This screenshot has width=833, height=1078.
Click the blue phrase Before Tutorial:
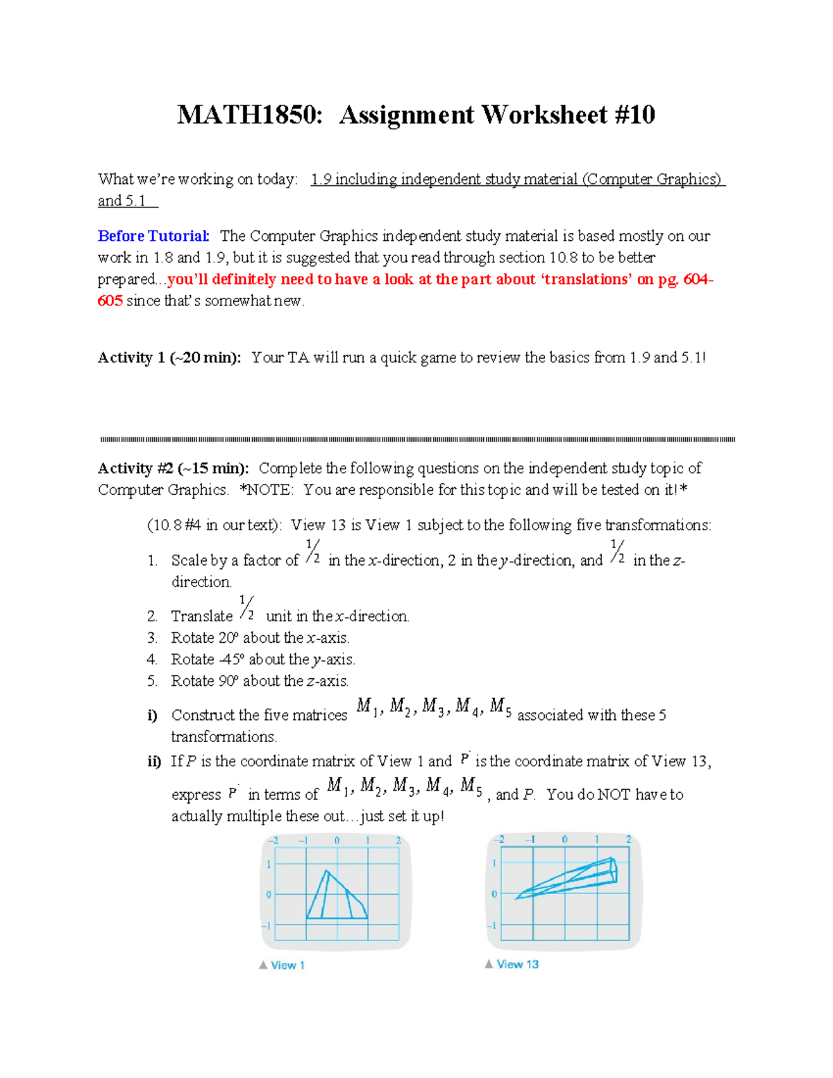153,236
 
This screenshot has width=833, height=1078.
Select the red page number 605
110,301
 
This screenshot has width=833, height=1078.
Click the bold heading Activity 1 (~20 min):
169,357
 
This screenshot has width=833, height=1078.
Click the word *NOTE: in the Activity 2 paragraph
267,490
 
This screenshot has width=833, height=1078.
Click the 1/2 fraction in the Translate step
246,608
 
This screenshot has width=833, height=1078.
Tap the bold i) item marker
153,715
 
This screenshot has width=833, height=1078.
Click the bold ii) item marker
154,761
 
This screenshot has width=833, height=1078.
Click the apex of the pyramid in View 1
326,871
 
